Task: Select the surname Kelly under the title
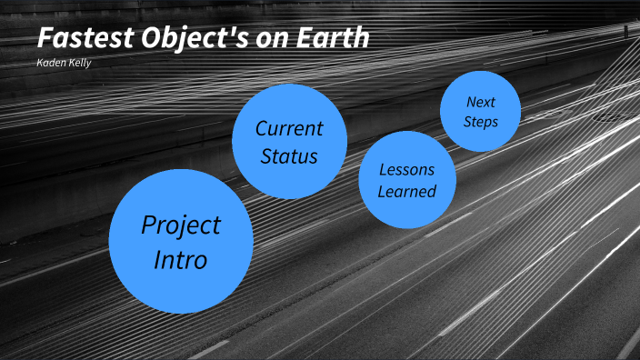coord(80,63)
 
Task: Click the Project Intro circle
coord(180,242)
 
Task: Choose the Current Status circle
coord(289,141)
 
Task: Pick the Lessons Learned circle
coord(406,180)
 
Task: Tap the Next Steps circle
coord(480,111)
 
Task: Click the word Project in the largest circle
coord(181,225)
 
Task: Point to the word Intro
coord(180,260)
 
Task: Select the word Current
coord(289,127)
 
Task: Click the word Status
coord(289,156)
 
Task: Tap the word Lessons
coord(406,169)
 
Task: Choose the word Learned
coord(407,191)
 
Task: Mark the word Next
coord(480,101)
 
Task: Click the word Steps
coord(480,121)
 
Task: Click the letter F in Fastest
coord(46,39)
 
